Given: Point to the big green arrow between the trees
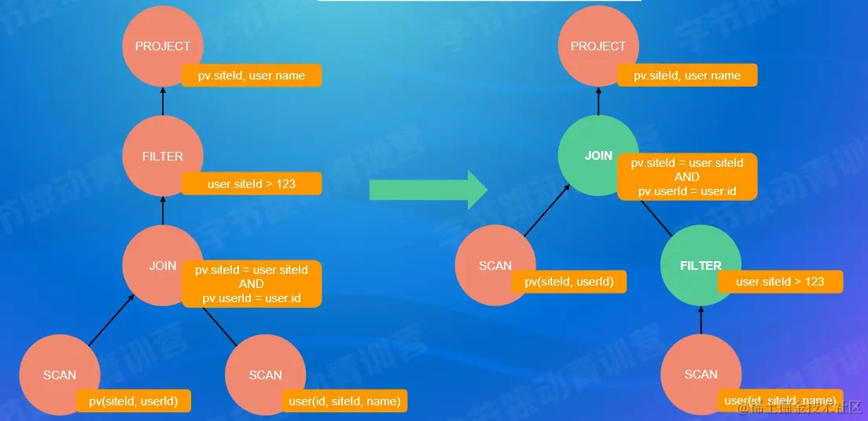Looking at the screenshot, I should pyautogui.click(x=428, y=190).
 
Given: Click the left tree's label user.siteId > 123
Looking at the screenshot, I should pyautogui.click(x=252, y=184).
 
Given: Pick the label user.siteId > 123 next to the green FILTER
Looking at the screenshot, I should pyautogui.click(x=780, y=282).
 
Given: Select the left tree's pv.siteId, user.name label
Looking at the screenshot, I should pyautogui.click(x=252, y=76).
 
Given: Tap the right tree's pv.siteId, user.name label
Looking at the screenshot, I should pyautogui.click(x=686, y=76).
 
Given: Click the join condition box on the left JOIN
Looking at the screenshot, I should pyautogui.click(x=252, y=283).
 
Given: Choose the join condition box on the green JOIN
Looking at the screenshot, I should pyautogui.click(x=686, y=177).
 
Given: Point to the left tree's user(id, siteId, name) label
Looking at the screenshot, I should pyautogui.click(x=344, y=401).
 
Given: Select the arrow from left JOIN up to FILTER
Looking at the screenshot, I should pyautogui.click(x=163, y=210).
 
